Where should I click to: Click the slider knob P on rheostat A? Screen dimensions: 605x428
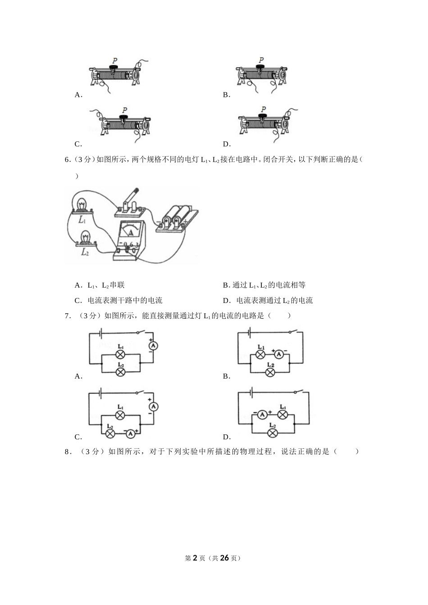tap(114, 68)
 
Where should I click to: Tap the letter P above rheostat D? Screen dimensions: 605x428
tap(264, 109)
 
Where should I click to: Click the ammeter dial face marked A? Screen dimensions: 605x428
tap(131, 231)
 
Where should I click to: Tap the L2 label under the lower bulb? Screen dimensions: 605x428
tap(85, 253)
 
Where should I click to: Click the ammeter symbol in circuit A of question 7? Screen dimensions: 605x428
tap(153, 346)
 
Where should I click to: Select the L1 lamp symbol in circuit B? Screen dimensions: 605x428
tap(260, 354)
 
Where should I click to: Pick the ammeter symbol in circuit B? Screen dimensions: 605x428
tap(279, 354)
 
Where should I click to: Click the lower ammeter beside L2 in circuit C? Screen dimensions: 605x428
tap(130, 433)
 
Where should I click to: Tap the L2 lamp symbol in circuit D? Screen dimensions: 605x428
tap(272, 433)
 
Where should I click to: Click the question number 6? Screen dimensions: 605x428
tap(67, 159)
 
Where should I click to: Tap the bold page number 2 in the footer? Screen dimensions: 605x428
tap(195, 558)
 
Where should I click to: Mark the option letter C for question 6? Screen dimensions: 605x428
tap(78, 300)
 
